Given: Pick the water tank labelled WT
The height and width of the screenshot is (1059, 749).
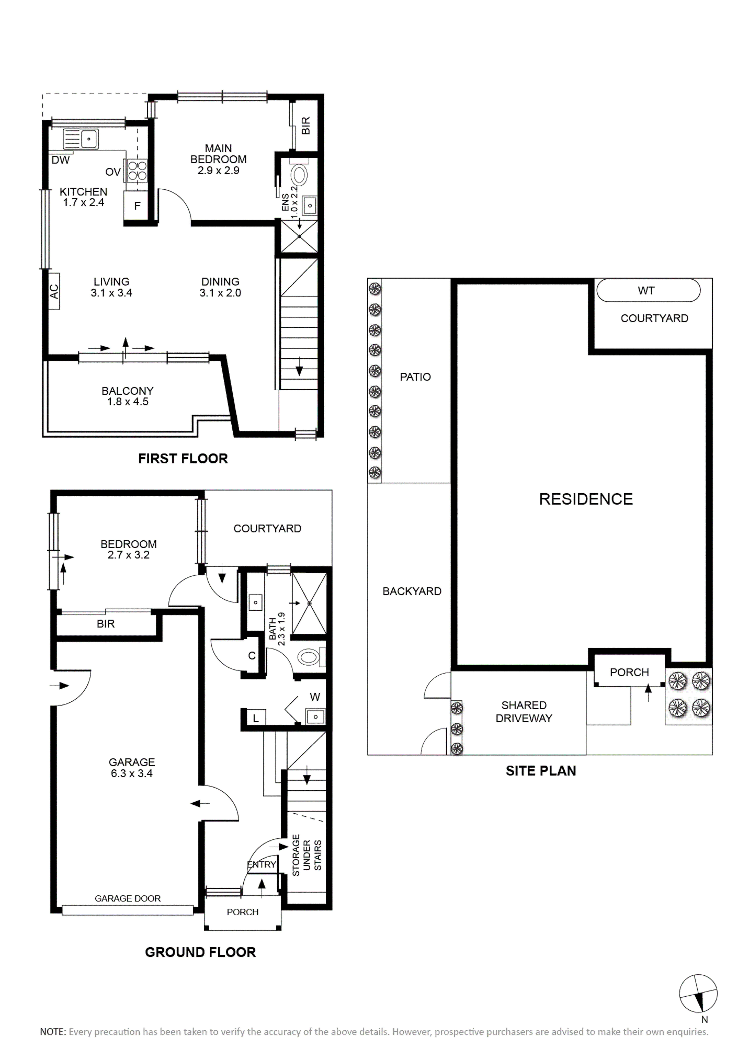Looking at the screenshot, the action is pyautogui.click(x=648, y=291).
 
